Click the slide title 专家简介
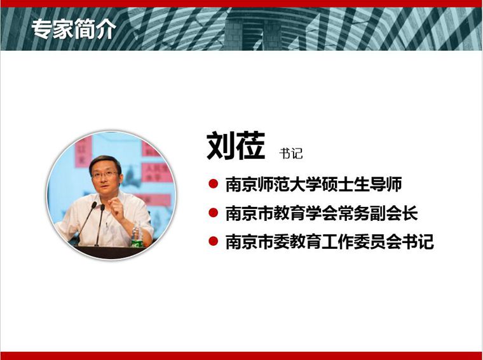[x=74, y=29]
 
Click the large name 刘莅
[x=236, y=146]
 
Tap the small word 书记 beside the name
[x=291, y=153]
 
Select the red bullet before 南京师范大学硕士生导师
[x=213, y=183]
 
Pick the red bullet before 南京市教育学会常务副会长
[x=213, y=213]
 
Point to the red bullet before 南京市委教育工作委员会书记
[x=213, y=241]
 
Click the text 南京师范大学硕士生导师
[x=313, y=184]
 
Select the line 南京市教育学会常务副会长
[x=322, y=213]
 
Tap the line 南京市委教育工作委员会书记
[x=330, y=241]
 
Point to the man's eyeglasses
[x=105, y=175]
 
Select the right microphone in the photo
[x=100, y=225]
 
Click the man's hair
[x=105, y=163]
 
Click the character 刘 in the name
[x=221, y=146]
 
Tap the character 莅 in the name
[x=251, y=146]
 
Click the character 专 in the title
[x=41, y=29]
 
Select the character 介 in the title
[x=106, y=30]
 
